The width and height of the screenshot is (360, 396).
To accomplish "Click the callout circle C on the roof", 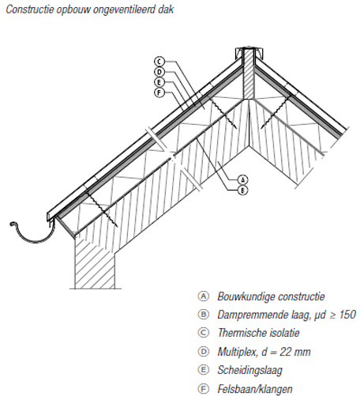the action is pyautogui.click(x=159, y=62).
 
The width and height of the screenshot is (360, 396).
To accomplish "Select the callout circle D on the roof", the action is pyautogui.click(x=159, y=72).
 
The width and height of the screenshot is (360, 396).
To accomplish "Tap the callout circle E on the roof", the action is pyautogui.click(x=159, y=82).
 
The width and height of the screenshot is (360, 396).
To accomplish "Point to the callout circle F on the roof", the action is pyautogui.click(x=159, y=92).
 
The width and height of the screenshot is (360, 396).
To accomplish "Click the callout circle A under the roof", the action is pyautogui.click(x=242, y=179).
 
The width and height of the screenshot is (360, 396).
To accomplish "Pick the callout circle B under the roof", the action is pyautogui.click(x=242, y=190).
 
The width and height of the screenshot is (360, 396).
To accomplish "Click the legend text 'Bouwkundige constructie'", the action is pyautogui.click(x=271, y=296).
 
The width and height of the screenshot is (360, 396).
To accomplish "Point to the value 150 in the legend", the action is pyautogui.click(x=347, y=315).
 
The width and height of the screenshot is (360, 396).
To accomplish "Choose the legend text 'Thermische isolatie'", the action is pyautogui.click(x=258, y=333).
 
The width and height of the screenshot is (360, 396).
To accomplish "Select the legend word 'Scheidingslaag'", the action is pyautogui.click(x=249, y=371).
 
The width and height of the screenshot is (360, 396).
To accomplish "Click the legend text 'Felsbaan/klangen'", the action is pyautogui.click(x=255, y=389).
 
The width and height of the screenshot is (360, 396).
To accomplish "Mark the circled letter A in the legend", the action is pyautogui.click(x=204, y=296).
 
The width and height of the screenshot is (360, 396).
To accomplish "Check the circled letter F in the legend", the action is pyautogui.click(x=204, y=389).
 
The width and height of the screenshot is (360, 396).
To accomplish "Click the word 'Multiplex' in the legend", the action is pyautogui.click(x=238, y=352).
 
